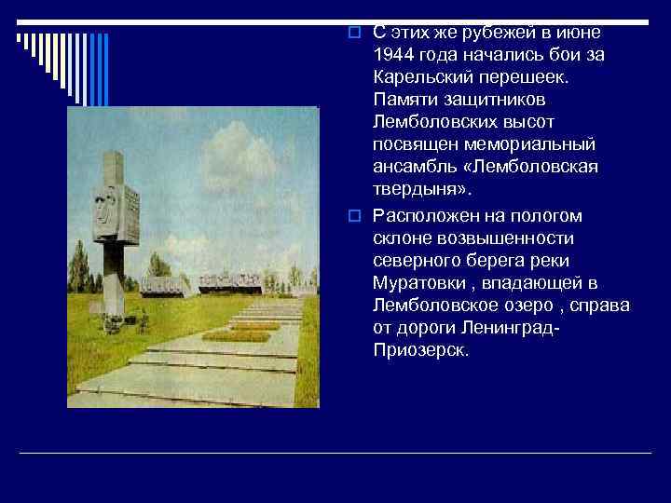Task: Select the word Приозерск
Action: [420, 351]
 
